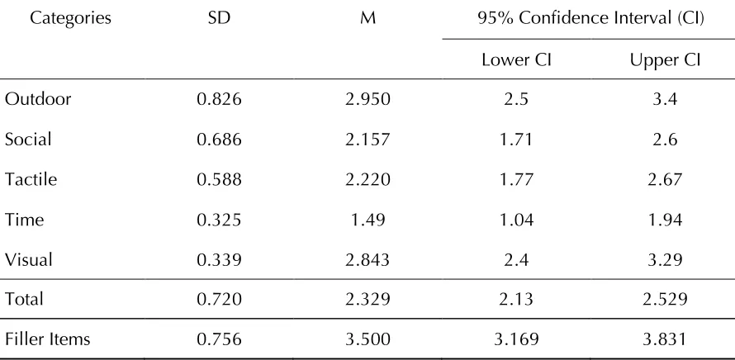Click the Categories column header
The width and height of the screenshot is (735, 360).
pos(71,18)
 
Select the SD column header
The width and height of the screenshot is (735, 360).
pos(220,18)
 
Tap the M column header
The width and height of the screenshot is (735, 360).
pos(368,18)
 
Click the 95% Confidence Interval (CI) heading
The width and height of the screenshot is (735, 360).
pos(590,18)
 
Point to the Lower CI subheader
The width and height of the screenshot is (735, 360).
pos(516,60)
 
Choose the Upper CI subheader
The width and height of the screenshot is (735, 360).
pos(665,60)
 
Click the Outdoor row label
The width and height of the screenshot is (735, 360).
pos(38,99)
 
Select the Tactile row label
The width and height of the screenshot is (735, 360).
pos(31,179)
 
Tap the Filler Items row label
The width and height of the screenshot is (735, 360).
pos(47,339)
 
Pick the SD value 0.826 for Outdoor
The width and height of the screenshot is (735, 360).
pos(220,99)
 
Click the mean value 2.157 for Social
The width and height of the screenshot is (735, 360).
pos(368,140)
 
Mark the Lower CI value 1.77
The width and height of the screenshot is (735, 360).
pos(516,179)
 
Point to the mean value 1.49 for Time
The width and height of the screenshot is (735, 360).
pos(368,220)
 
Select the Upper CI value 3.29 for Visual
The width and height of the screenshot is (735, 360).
pos(665,260)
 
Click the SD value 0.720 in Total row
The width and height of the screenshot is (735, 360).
pos(220,299)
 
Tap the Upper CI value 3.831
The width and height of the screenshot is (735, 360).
pos(665,339)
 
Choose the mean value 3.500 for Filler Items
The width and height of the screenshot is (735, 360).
pos(368,339)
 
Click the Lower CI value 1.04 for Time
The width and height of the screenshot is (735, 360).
pos(516,220)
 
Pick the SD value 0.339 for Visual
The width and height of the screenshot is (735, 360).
pos(220,260)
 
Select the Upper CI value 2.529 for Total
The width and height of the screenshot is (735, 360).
pos(665,299)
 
